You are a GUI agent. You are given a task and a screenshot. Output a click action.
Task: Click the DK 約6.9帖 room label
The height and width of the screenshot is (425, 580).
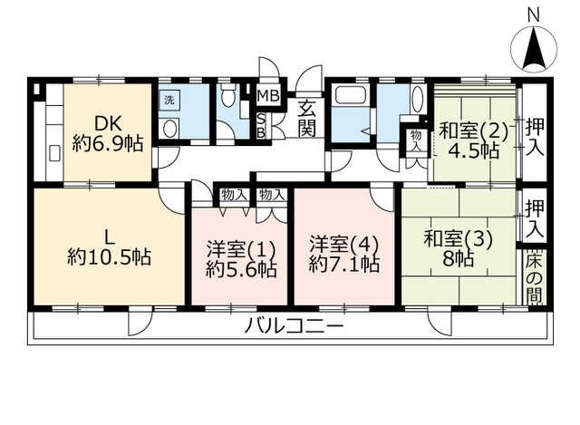108,133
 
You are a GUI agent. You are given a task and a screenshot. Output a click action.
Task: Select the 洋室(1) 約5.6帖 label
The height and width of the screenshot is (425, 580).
241,259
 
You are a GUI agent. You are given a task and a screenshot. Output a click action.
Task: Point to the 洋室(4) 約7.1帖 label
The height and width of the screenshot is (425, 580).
344,254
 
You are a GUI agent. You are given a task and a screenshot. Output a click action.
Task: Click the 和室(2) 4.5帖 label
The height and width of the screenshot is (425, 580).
474,140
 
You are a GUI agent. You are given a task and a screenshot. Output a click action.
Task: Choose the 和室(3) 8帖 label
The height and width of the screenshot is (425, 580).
459,248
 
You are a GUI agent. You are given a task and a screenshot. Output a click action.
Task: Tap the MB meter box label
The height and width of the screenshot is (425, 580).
269,96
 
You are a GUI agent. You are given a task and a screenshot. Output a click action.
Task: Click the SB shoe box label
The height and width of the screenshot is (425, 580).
261,126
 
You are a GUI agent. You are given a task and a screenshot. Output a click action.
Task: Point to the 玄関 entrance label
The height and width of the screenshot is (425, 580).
307,118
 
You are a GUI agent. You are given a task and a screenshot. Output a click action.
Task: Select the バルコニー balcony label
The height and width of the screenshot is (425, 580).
294,326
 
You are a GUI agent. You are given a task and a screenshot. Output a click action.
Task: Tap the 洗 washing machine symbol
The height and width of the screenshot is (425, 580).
169,100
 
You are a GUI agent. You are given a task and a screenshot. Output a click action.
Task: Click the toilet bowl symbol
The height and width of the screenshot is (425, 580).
227,95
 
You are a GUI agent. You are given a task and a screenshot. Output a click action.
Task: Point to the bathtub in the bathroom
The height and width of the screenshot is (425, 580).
351,95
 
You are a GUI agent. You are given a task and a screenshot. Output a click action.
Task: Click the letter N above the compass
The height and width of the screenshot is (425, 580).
534,15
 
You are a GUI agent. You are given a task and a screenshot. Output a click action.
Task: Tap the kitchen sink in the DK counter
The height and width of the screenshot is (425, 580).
54,153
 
